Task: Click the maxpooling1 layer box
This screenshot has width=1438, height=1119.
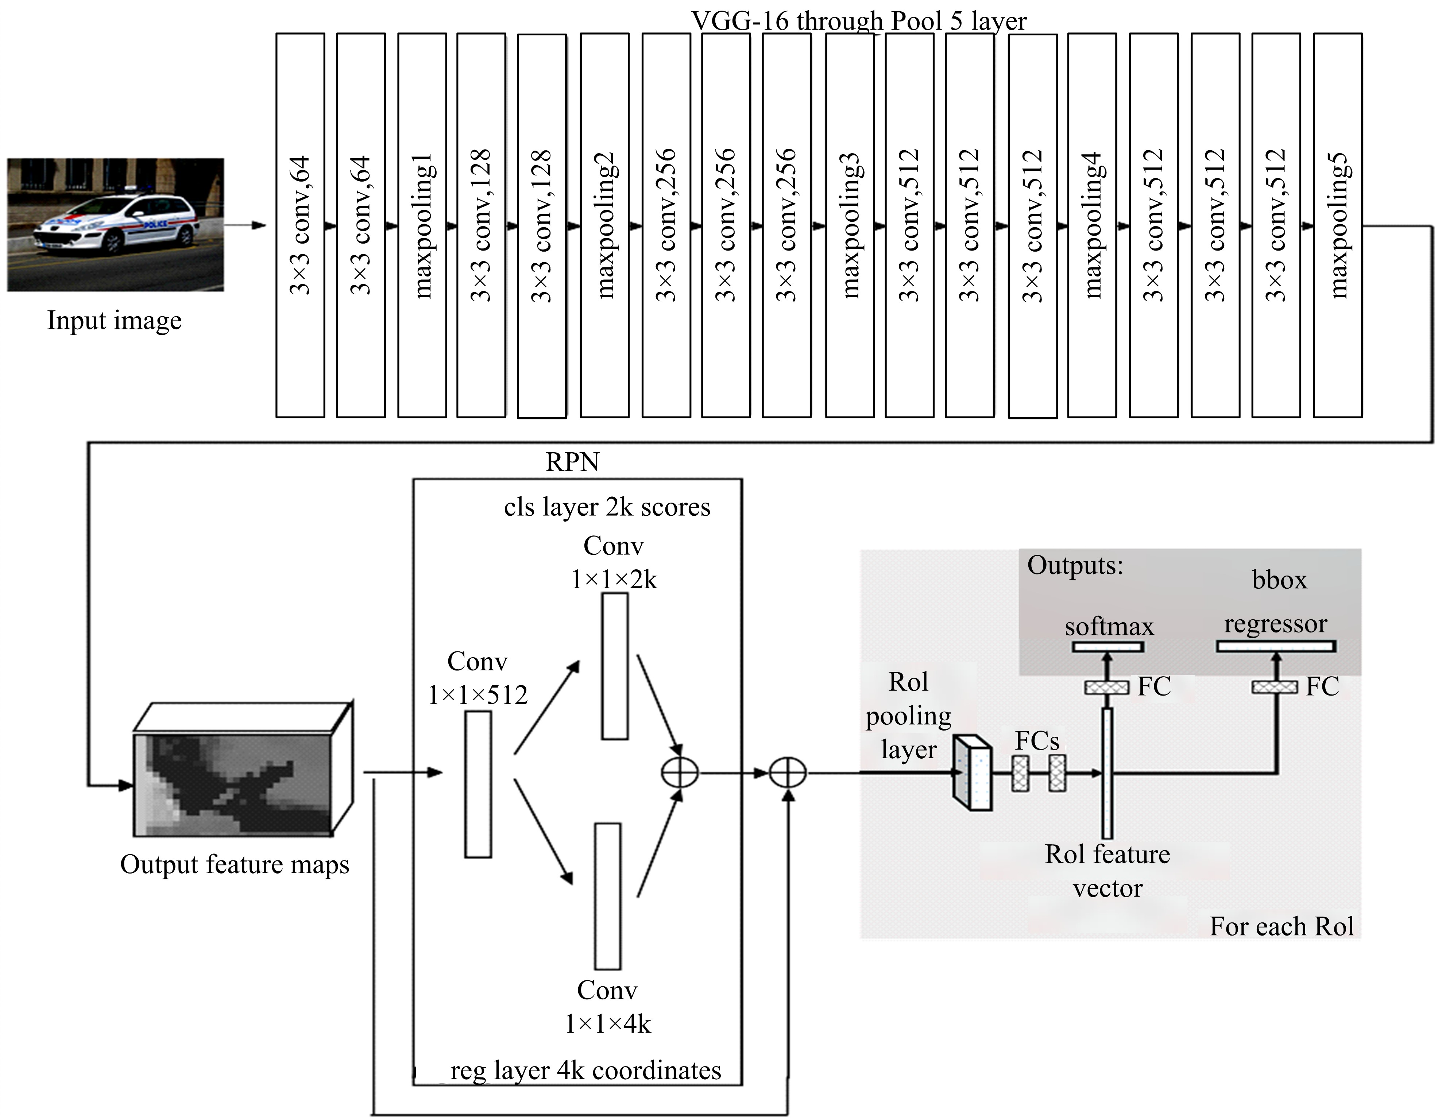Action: click(422, 225)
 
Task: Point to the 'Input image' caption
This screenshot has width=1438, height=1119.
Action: click(115, 321)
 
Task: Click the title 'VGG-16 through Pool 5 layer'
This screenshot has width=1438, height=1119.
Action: click(859, 21)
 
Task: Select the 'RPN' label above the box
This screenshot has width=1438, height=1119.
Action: click(572, 462)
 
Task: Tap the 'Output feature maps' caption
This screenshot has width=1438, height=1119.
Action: click(235, 864)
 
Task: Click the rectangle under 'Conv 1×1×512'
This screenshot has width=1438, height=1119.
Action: click(478, 784)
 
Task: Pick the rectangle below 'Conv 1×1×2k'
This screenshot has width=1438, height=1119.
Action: click(615, 666)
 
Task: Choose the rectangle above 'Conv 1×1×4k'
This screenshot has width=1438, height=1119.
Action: click(608, 896)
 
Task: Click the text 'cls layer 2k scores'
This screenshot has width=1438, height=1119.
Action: click(607, 507)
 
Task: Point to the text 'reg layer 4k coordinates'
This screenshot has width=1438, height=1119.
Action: click(585, 1070)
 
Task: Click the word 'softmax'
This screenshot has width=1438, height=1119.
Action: click(1109, 626)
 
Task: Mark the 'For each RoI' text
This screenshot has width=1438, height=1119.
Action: click(1281, 926)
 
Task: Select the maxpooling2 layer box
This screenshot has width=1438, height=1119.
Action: click(604, 225)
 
